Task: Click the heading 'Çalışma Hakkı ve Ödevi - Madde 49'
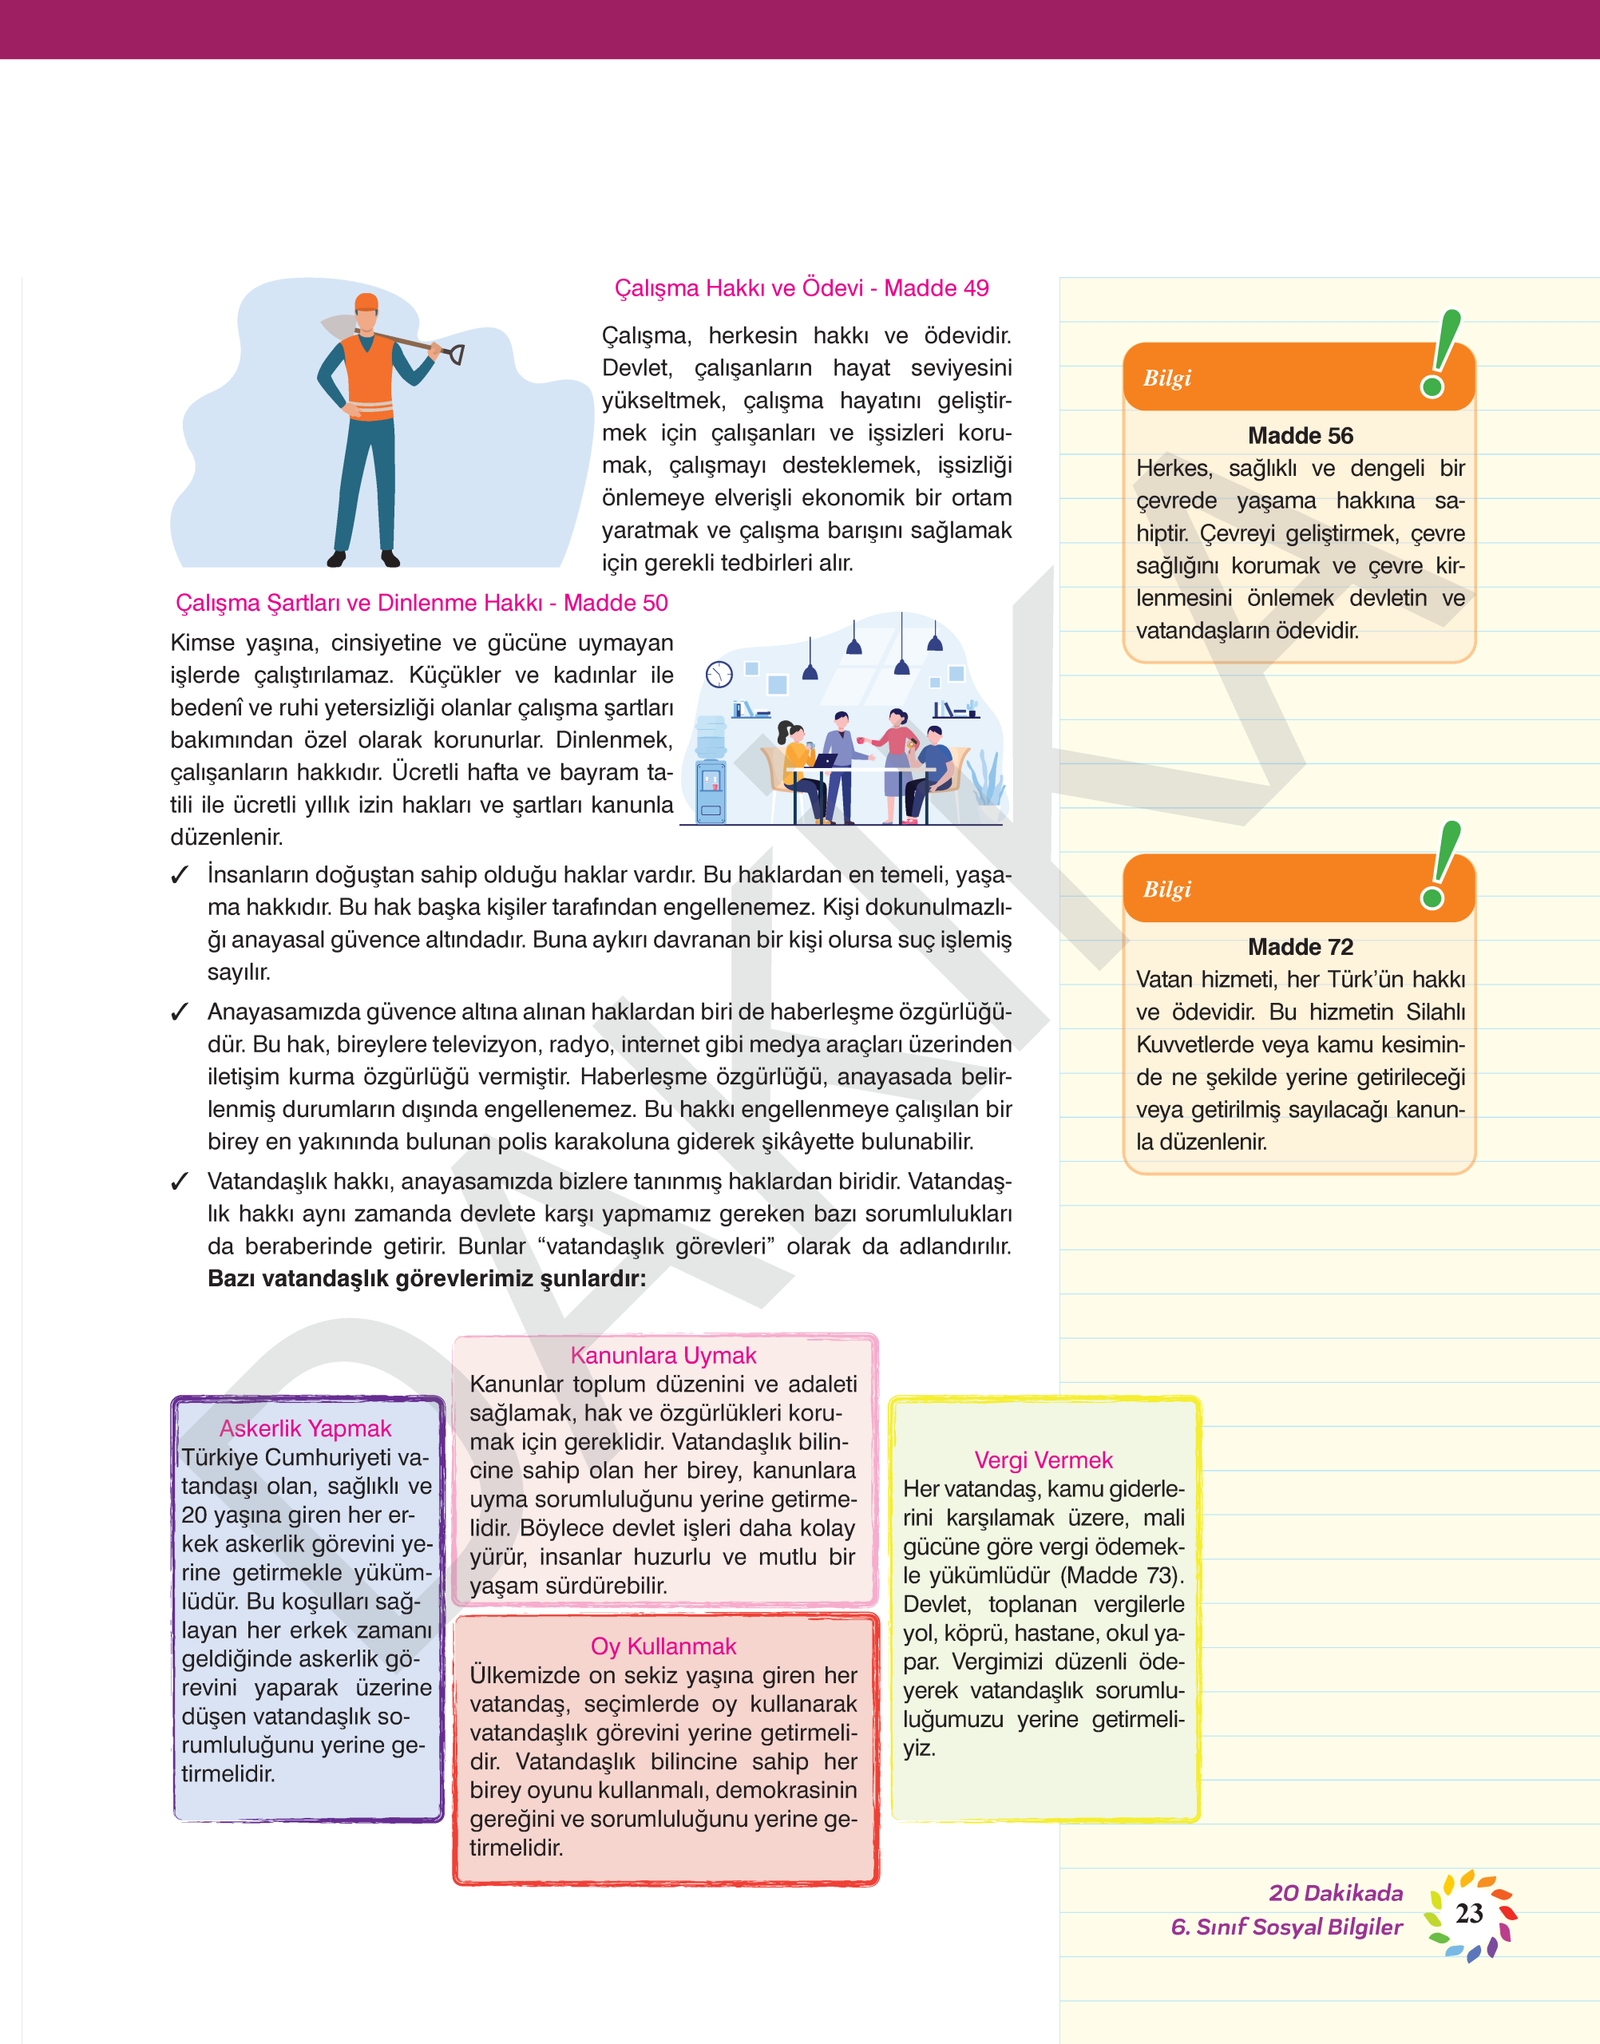(x=801, y=287)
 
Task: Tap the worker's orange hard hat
(x=366, y=303)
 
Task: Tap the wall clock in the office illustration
(x=719, y=674)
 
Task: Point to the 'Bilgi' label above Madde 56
(x=1166, y=378)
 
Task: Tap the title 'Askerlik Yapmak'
(x=305, y=1428)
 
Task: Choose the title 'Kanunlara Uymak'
(x=663, y=1356)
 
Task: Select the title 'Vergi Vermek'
(x=1043, y=1460)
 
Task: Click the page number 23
(x=1469, y=1913)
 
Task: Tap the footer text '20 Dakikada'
(x=1335, y=1892)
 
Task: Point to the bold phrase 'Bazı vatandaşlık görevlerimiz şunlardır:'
(x=426, y=1277)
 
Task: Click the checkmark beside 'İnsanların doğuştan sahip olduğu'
(x=180, y=875)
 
